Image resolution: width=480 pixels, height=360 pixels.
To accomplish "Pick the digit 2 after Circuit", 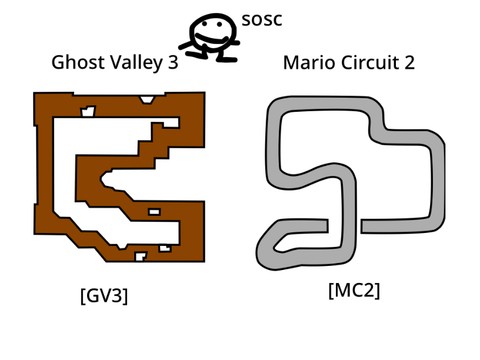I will [409, 63].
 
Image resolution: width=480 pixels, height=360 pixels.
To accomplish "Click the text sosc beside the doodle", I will [263, 20].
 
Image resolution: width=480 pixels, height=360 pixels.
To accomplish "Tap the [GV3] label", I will [104, 296].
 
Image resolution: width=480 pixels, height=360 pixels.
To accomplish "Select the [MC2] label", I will [354, 290].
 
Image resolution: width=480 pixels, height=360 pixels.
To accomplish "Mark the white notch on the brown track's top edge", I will [149, 98].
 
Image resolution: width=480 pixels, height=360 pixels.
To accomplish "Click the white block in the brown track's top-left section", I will [89, 110].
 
